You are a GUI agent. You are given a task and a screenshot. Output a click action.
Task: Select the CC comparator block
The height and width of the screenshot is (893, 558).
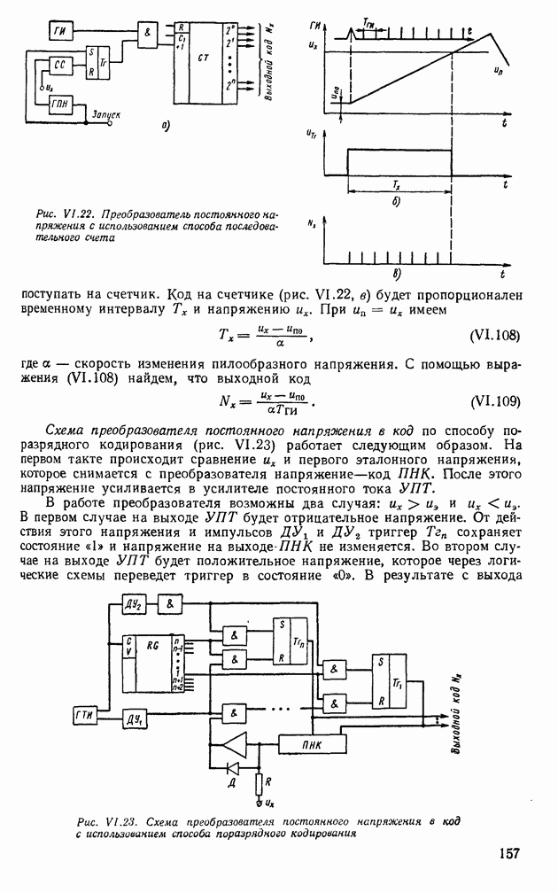tap(60, 66)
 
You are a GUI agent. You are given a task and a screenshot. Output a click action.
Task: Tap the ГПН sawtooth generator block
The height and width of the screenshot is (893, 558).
tap(62, 105)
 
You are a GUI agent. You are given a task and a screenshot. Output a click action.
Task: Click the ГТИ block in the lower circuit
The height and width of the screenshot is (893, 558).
tap(84, 715)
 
